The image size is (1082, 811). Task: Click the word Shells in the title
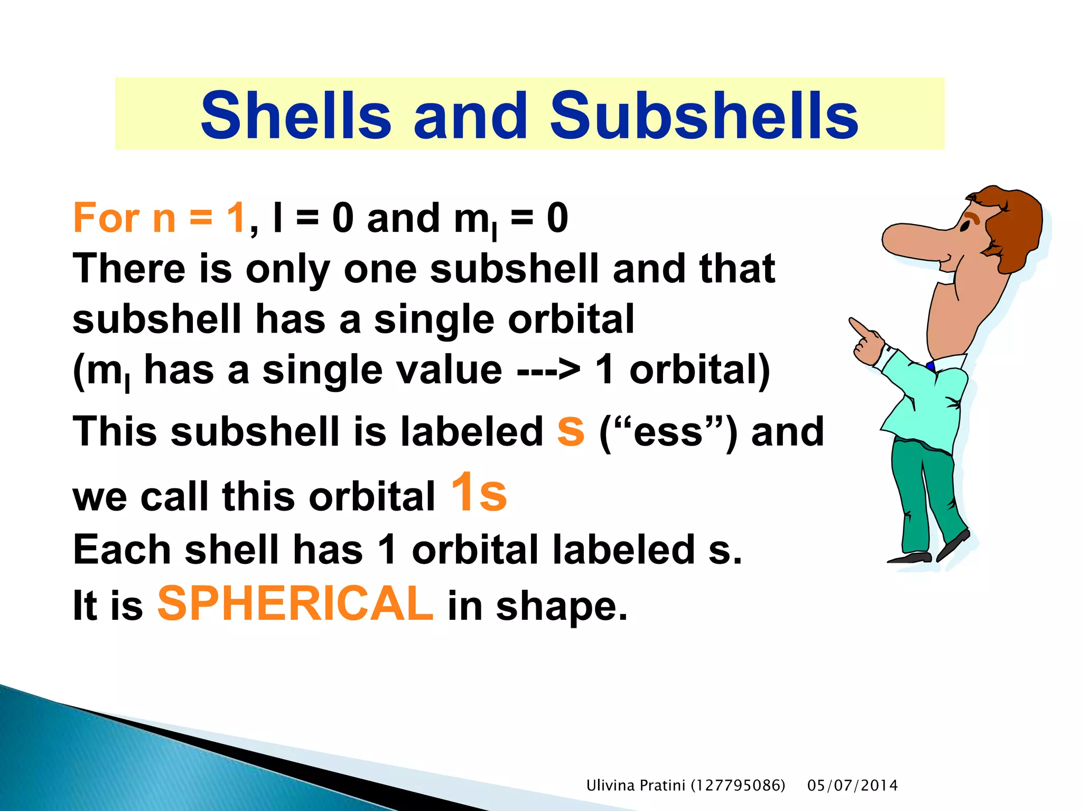(296, 116)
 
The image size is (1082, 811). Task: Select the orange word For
(106, 218)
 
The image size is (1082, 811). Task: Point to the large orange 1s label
(479, 493)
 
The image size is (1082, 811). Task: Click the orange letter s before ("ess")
(571, 430)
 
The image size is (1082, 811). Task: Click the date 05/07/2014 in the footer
(852, 786)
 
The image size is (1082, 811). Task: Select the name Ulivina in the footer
(610, 786)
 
